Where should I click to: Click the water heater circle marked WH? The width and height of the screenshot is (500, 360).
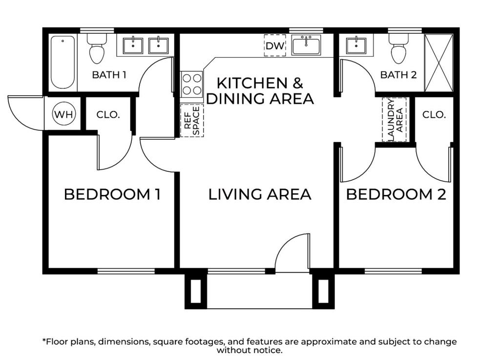[x=64, y=114]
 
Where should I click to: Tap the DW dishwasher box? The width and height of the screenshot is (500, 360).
[x=275, y=45]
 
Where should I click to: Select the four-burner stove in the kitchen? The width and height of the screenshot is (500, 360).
[x=191, y=85]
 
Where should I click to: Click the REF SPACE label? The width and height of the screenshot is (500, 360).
[x=192, y=121]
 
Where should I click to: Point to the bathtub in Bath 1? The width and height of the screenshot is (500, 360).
[x=63, y=62]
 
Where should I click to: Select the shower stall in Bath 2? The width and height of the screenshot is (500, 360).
[x=439, y=63]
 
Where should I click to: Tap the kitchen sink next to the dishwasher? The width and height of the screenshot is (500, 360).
[x=306, y=45]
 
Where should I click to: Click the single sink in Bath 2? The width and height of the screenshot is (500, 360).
[x=356, y=45]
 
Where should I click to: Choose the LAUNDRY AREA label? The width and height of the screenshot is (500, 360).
[x=395, y=120]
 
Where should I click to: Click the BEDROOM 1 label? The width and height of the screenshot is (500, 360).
[x=112, y=194]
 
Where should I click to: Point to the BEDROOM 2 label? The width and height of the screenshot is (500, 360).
[x=396, y=194]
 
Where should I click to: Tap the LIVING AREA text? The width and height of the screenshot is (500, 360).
[x=260, y=194]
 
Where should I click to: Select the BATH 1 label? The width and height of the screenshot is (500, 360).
[x=109, y=75]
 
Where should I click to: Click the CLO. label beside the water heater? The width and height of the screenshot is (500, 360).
[x=108, y=114]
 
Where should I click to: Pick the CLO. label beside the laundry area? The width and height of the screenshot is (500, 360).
[x=434, y=114]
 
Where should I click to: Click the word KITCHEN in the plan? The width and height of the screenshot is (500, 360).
[x=252, y=83]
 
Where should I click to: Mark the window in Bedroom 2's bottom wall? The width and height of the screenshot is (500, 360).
[x=394, y=271]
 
